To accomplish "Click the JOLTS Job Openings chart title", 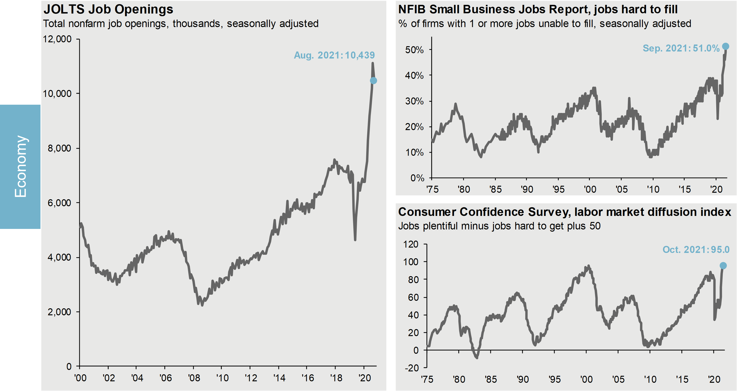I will click(108, 9).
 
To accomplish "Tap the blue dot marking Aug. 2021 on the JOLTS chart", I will click(373, 81).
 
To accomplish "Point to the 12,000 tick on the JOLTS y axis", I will click(57, 39).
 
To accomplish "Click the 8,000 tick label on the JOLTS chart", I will click(60, 148).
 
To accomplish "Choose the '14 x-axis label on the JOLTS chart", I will click(279, 378).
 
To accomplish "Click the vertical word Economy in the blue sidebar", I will click(21, 167).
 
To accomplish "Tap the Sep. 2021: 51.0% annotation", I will click(681, 48).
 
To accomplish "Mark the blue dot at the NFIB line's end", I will click(725, 46).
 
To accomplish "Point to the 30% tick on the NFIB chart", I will click(414, 101).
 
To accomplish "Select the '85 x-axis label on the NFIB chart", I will click(496, 189).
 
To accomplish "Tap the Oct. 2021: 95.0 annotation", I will click(696, 250).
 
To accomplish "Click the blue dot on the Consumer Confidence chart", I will click(723, 266).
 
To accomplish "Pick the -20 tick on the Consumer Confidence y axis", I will click(412, 368).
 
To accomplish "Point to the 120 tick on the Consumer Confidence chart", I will click(411, 244).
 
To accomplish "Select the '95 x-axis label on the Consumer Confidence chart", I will click(554, 379).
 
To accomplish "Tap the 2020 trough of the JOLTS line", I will click(355, 240).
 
